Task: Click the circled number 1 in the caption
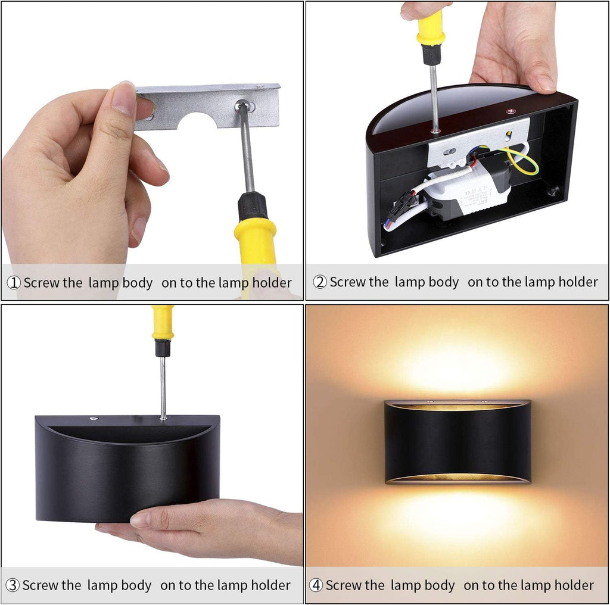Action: [14, 283]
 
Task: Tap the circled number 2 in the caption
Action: [320, 282]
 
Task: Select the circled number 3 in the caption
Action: [13, 585]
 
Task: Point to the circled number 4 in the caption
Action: [316, 585]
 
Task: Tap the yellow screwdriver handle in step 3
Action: [163, 322]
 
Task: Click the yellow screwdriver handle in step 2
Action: [431, 29]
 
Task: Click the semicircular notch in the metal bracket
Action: [197, 121]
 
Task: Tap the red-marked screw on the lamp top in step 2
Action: [511, 111]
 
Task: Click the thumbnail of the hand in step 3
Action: [140, 519]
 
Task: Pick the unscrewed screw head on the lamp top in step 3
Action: [94, 419]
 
